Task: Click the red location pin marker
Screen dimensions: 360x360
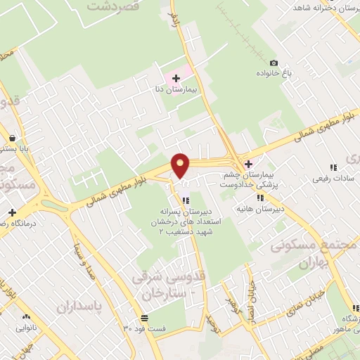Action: (181, 165)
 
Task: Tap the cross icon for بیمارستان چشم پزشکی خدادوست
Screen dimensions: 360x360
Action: (248, 164)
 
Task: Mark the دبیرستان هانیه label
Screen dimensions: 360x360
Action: (260, 209)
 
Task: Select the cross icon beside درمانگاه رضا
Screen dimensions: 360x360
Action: (12, 212)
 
